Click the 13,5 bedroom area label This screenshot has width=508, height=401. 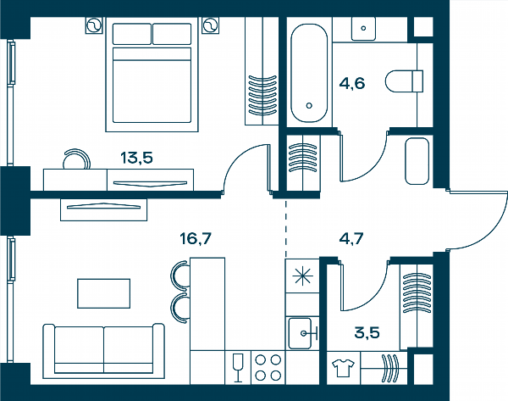click(x=136, y=158)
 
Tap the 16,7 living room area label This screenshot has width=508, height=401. click(x=196, y=239)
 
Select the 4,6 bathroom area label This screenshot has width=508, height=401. click(x=352, y=83)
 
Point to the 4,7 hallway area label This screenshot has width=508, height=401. click(x=351, y=239)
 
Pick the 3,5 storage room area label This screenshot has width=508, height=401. click(x=367, y=333)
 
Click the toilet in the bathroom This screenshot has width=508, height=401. click(x=405, y=81)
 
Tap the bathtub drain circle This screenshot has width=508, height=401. click(x=309, y=105)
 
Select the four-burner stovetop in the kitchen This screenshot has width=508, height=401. click(x=268, y=368)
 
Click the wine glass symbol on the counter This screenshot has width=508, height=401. click(x=238, y=368)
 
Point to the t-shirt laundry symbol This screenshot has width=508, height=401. click(x=344, y=368)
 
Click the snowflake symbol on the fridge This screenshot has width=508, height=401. click(x=302, y=276)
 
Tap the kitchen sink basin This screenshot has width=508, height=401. click(x=300, y=333)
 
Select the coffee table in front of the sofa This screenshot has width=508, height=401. click(x=103, y=293)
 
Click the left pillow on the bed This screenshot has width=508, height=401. click(x=132, y=34)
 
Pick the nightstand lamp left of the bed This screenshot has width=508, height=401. click(x=94, y=25)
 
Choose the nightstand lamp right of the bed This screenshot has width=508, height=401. click(x=210, y=25)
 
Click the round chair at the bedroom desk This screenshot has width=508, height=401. click(x=76, y=159)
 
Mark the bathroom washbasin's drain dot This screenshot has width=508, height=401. click(x=363, y=28)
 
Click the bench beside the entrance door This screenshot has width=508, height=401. click(x=417, y=161)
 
